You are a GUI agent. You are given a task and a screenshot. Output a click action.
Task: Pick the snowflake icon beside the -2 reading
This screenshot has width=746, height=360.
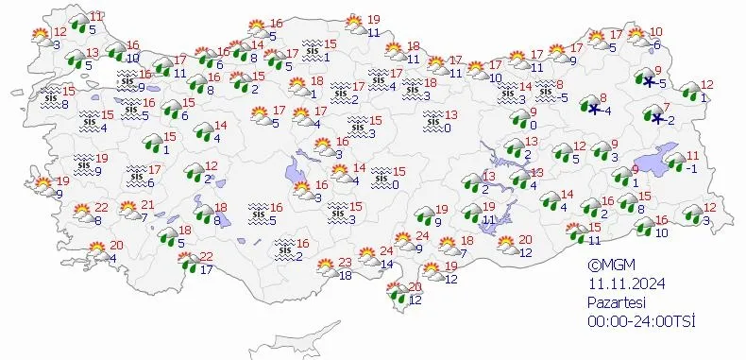(655, 119)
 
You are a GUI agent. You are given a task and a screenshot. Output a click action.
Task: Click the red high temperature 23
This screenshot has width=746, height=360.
(345, 263)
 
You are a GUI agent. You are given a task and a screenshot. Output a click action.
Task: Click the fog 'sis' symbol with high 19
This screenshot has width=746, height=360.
(83, 160)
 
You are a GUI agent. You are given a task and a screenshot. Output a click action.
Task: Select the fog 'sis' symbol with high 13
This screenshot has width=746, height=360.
(432, 118)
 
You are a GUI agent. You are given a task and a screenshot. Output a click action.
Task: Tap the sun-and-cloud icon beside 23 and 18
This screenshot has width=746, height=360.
(325, 266)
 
